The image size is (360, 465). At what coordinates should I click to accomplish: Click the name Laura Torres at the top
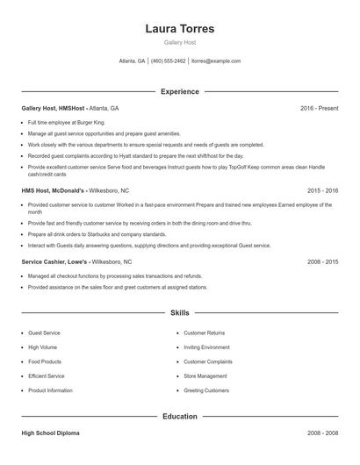[179, 29]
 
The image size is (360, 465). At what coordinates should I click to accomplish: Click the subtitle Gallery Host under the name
[179, 43]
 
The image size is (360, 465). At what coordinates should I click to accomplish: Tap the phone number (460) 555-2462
[169, 61]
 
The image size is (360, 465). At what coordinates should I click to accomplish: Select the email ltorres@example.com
[216, 61]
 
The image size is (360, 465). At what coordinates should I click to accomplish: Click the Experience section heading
[179, 91]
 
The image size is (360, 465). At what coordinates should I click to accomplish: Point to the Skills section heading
[179, 312]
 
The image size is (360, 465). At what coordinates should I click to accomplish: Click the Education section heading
[179, 416]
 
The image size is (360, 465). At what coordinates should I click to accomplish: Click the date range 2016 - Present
[319, 108]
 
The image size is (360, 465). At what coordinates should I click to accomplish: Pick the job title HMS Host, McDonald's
[54, 190]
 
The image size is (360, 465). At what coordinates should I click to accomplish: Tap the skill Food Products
[45, 361]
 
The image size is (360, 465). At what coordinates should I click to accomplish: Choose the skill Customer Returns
[204, 333]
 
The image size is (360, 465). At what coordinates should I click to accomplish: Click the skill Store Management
[206, 376]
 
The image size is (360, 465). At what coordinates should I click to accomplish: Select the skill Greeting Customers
[206, 390]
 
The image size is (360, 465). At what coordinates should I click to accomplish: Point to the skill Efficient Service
[47, 376]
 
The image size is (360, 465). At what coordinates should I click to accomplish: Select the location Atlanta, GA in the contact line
[132, 61]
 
